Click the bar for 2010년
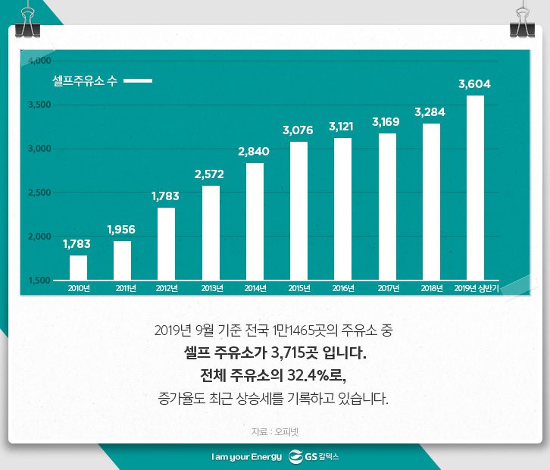(x=78, y=268)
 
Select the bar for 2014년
(x=255, y=221)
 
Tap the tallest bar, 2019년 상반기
(x=475, y=187)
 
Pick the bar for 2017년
(x=387, y=206)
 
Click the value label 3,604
(x=475, y=84)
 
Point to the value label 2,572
(x=209, y=174)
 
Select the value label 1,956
(x=122, y=229)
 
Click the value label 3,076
(x=298, y=130)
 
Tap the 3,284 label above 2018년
(x=430, y=112)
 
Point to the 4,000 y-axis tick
(x=39, y=61)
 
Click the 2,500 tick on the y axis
(x=39, y=193)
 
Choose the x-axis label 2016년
(x=343, y=288)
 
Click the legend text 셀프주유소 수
(x=83, y=81)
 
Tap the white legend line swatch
(x=138, y=81)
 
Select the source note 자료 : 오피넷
(x=274, y=431)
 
